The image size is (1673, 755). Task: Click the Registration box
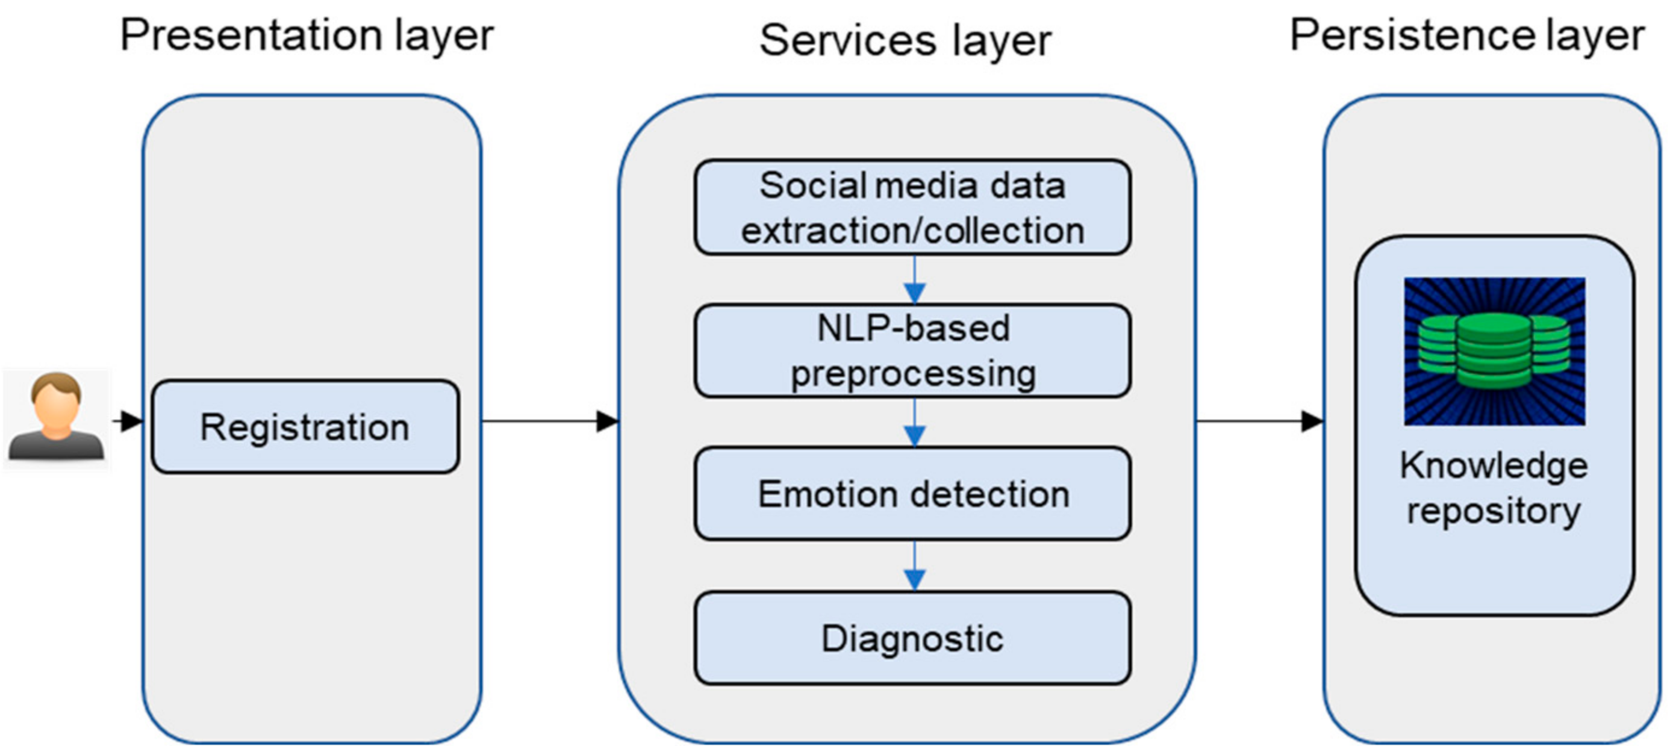coord(305,426)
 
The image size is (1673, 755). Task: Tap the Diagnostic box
coord(912,638)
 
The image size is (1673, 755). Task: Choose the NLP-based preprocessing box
coord(912,350)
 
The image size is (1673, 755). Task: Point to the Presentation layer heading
coord(307,35)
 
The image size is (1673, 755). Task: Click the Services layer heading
coord(905,40)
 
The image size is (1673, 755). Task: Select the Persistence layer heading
coord(1466,35)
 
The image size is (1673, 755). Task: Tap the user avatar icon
coord(57,417)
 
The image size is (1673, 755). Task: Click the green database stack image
coord(1494,351)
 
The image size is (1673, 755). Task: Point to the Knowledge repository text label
coord(1493,488)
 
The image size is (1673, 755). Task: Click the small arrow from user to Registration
coord(129,421)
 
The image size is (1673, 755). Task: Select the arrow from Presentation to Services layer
coord(549,421)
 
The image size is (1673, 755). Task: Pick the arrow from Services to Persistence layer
coord(1259,421)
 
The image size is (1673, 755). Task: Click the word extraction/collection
coord(912,231)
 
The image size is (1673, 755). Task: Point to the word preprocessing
coord(912,374)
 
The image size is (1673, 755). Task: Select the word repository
coord(1493,511)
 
